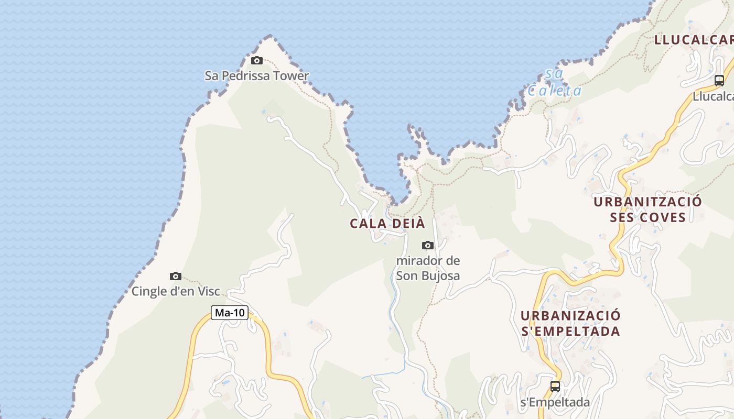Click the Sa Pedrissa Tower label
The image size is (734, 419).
pyautogui.click(x=257, y=76)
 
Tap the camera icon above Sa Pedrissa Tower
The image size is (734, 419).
pyautogui.click(x=257, y=60)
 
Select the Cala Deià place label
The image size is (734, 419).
pyautogui.click(x=387, y=223)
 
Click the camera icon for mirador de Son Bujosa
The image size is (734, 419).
pyautogui.click(x=428, y=245)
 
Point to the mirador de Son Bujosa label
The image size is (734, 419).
pyautogui.click(x=428, y=268)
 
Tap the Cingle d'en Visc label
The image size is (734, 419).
pyautogui.click(x=176, y=291)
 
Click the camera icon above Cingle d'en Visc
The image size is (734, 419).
pyautogui.click(x=176, y=276)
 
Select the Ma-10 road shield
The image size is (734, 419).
pyautogui.click(x=230, y=313)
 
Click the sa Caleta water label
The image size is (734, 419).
pyautogui.click(x=554, y=83)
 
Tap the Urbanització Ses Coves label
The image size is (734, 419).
pyautogui.click(x=647, y=210)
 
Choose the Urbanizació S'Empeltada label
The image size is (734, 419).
pyautogui.click(x=570, y=323)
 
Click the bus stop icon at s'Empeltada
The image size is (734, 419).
pyautogui.click(x=555, y=387)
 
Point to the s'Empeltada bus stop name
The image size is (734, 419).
pyautogui.click(x=555, y=402)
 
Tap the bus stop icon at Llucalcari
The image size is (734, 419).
pyautogui.click(x=719, y=81)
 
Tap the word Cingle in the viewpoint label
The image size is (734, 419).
pyautogui.click(x=148, y=291)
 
